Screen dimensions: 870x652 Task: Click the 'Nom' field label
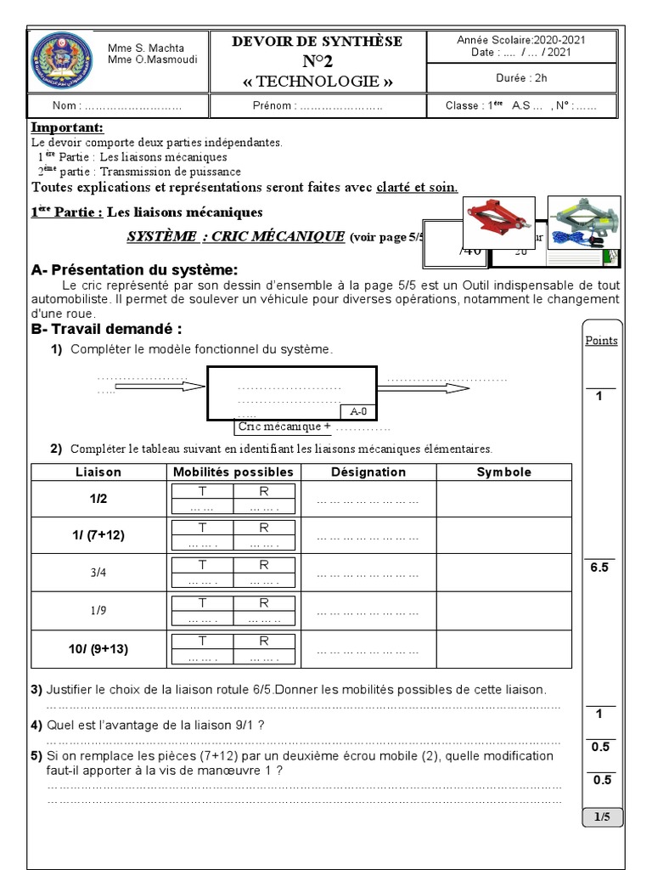(x=67, y=106)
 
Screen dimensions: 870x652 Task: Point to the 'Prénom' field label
(x=273, y=106)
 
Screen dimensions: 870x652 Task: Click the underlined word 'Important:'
(x=67, y=127)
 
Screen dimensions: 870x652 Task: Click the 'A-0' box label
(x=358, y=412)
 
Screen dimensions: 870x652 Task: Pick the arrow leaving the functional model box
(x=423, y=387)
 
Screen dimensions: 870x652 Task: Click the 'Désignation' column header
(x=368, y=472)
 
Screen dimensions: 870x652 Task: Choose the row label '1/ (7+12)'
(x=98, y=535)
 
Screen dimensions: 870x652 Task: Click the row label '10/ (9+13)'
(x=98, y=649)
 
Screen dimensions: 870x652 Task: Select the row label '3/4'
(x=98, y=573)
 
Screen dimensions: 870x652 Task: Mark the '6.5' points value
(x=599, y=568)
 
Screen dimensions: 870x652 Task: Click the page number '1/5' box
(x=602, y=817)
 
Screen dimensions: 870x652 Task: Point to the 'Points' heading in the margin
(x=601, y=341)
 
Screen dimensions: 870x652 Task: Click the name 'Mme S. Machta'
(x=146, y=48)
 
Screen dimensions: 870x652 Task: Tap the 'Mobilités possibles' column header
(x=233, y=472)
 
